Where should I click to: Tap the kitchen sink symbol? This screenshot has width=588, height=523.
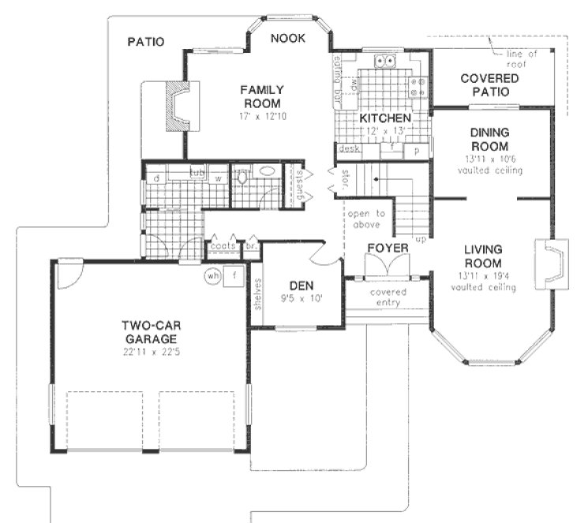tap(387, 62)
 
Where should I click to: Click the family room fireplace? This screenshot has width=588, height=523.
tap(179, 110)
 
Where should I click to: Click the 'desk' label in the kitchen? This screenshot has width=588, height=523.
tap(347, 148)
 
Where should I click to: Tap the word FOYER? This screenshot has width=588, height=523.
tap(388, 248)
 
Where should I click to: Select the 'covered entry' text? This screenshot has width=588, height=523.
tap(387, 297)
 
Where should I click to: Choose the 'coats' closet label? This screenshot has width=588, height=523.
tap(220, 246)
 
